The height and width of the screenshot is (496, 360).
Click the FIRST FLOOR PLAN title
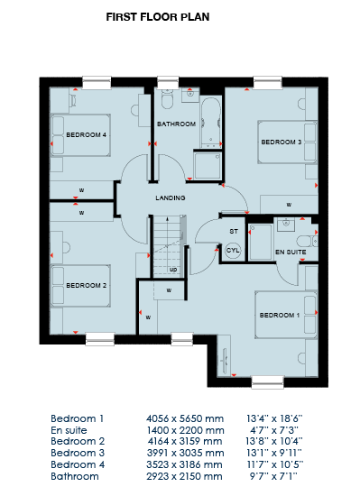click(158, 17)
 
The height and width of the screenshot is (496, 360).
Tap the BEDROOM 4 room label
click(86, 135)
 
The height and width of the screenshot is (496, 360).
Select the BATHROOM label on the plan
click(177, 124)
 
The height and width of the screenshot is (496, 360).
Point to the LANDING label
click(171, 198)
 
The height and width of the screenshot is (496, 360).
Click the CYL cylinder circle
click(233, 250)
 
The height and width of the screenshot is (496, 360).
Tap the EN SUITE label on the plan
click(291, 253)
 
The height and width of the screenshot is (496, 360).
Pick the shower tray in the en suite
click(261, 242)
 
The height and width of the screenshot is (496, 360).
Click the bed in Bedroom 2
click(80, 286)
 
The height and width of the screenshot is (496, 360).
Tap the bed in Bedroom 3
click(288, 142)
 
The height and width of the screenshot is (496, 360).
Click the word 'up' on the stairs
click(173, 270)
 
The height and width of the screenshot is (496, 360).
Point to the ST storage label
click(234, 232)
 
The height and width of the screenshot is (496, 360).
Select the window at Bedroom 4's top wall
click(97, 82)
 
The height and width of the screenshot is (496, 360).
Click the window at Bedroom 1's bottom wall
click(268, 381)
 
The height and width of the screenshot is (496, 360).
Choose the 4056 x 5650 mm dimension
click(185, 418)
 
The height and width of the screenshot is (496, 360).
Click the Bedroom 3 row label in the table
click(78, 453)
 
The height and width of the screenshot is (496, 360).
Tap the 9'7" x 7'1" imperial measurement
click(273, 476)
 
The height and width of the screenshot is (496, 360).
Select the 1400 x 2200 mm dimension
click(185, 430)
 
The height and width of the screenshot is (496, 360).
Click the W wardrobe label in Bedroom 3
click(289, 205)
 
